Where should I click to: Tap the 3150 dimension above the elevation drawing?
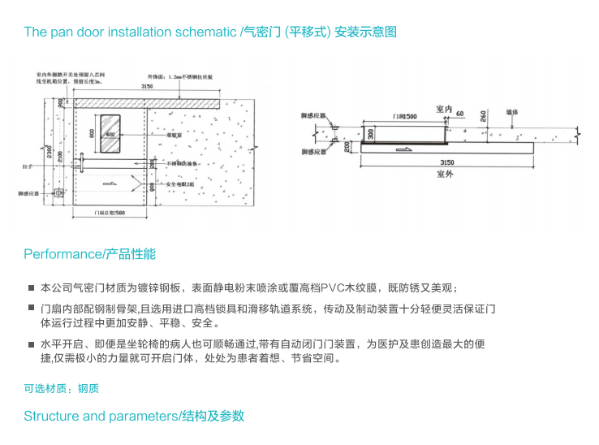click(146, 85)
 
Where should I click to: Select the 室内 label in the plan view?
click(443, 107)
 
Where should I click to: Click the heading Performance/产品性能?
click(89, 254)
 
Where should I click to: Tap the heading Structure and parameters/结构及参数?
click(133, 416)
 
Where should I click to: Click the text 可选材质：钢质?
click(61, 389)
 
